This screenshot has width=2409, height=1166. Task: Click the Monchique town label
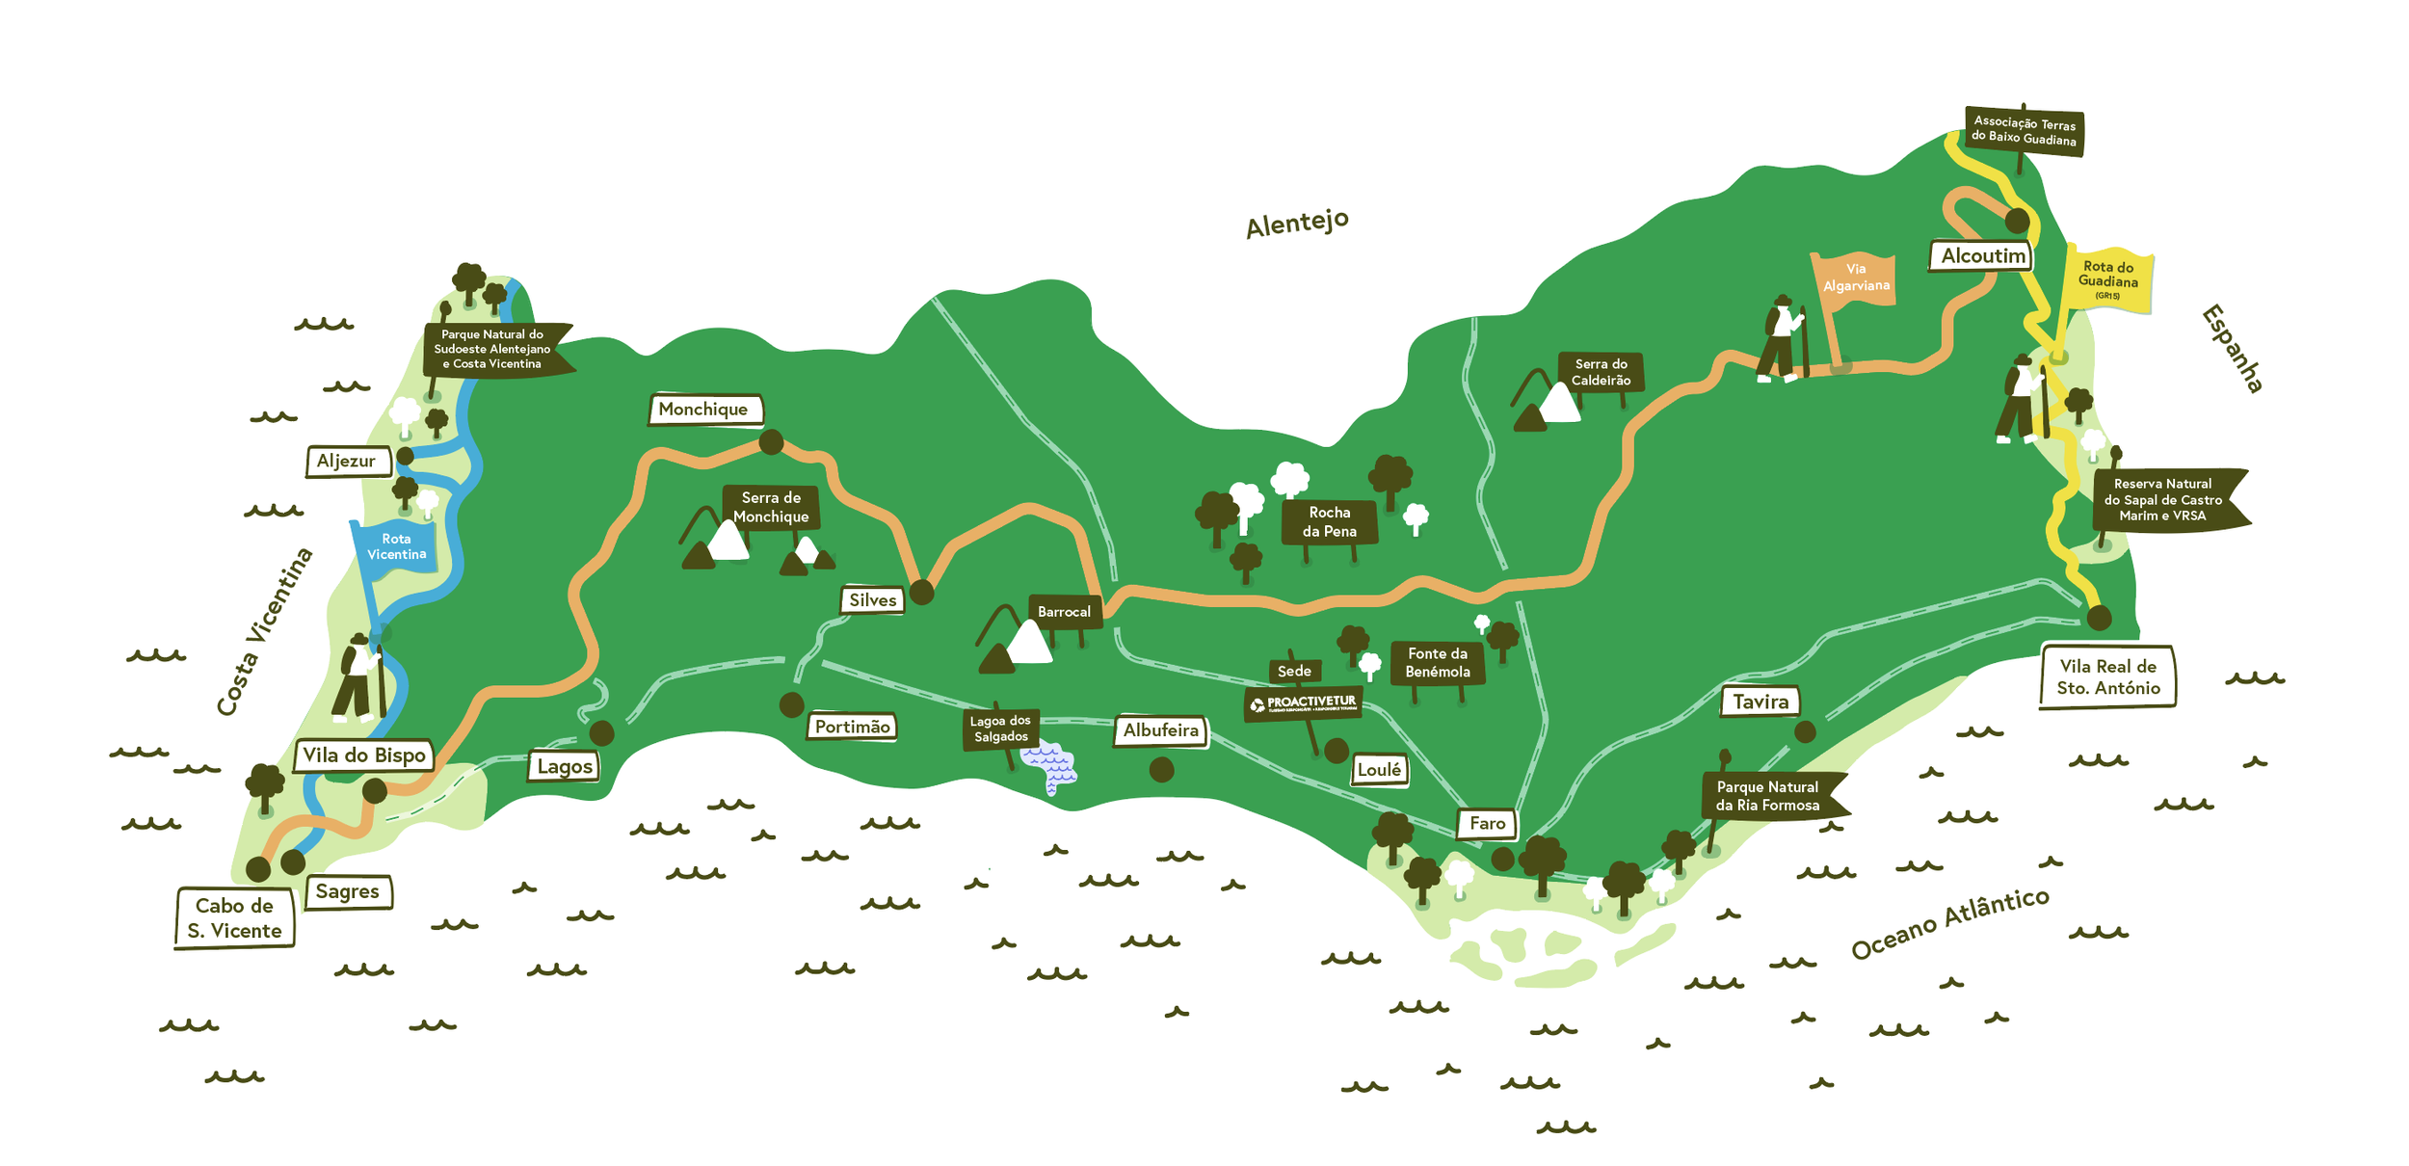[704, 410]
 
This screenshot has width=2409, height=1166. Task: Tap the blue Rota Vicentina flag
[396, 547]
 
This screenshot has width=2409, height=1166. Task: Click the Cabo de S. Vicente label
[234, 918]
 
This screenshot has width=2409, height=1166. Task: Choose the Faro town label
[1487, 824]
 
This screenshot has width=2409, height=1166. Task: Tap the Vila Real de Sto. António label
[2107, 677]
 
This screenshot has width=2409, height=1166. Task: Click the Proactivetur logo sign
[1304, 703]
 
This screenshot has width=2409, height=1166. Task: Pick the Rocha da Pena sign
[1329, 522]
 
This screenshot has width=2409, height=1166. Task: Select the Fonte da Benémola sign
[1437, 663]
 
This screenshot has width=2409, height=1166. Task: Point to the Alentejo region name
[1296, 224]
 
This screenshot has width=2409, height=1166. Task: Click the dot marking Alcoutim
[2017, 221]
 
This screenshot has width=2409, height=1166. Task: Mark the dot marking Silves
[921, 593]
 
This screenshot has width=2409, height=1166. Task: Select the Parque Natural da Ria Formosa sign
[1768, 796]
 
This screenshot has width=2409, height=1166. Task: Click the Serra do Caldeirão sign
[1601, 372]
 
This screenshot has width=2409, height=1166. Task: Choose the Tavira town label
[1760, 702]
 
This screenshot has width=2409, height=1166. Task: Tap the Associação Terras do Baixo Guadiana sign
[2024, 131]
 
